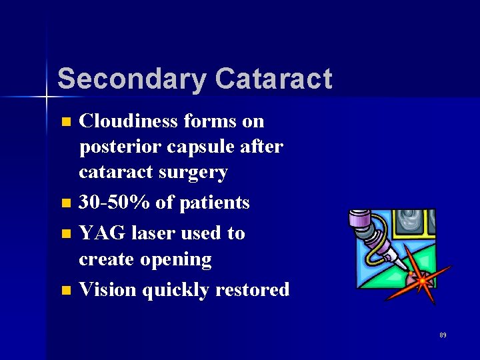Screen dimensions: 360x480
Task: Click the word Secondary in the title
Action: coord(131,79)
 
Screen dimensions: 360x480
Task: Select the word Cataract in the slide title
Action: coord(273,79)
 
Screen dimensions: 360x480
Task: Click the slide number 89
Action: coord(443,335)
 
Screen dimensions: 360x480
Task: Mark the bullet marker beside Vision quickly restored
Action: coord(65,290)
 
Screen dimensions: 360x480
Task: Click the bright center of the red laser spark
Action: coord(421,281)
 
